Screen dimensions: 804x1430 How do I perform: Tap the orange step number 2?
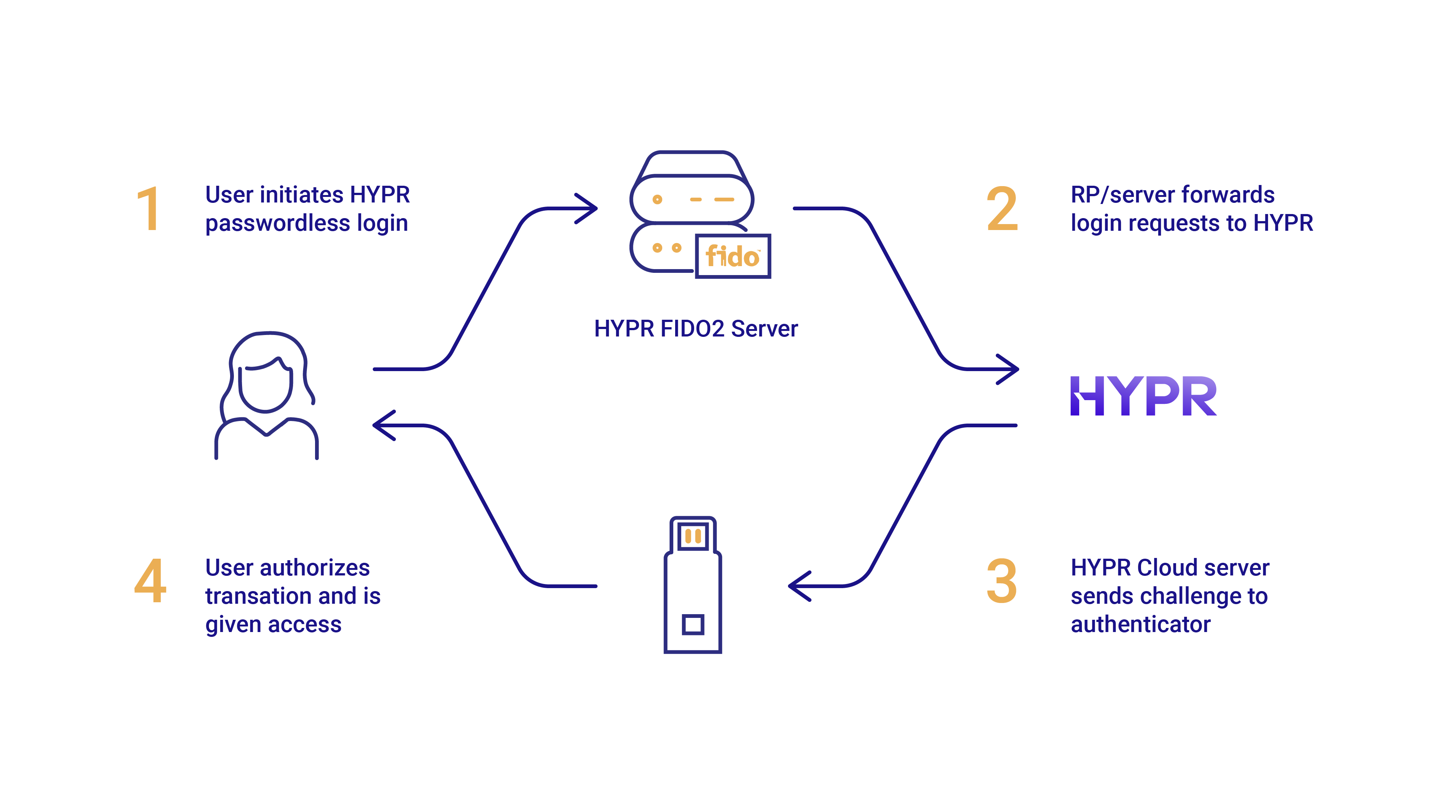click(x=1002, y=209)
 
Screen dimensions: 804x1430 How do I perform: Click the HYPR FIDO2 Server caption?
click(x=696, y=328)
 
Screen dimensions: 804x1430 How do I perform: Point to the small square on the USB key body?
click(x=693, y=624)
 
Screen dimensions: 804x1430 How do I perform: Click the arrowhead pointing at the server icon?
click(x=588, y=208)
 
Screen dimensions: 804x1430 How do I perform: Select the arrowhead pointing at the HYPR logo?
click(x=1009, y=369)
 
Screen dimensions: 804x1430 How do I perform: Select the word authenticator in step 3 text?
click(x=1140, y=624)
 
